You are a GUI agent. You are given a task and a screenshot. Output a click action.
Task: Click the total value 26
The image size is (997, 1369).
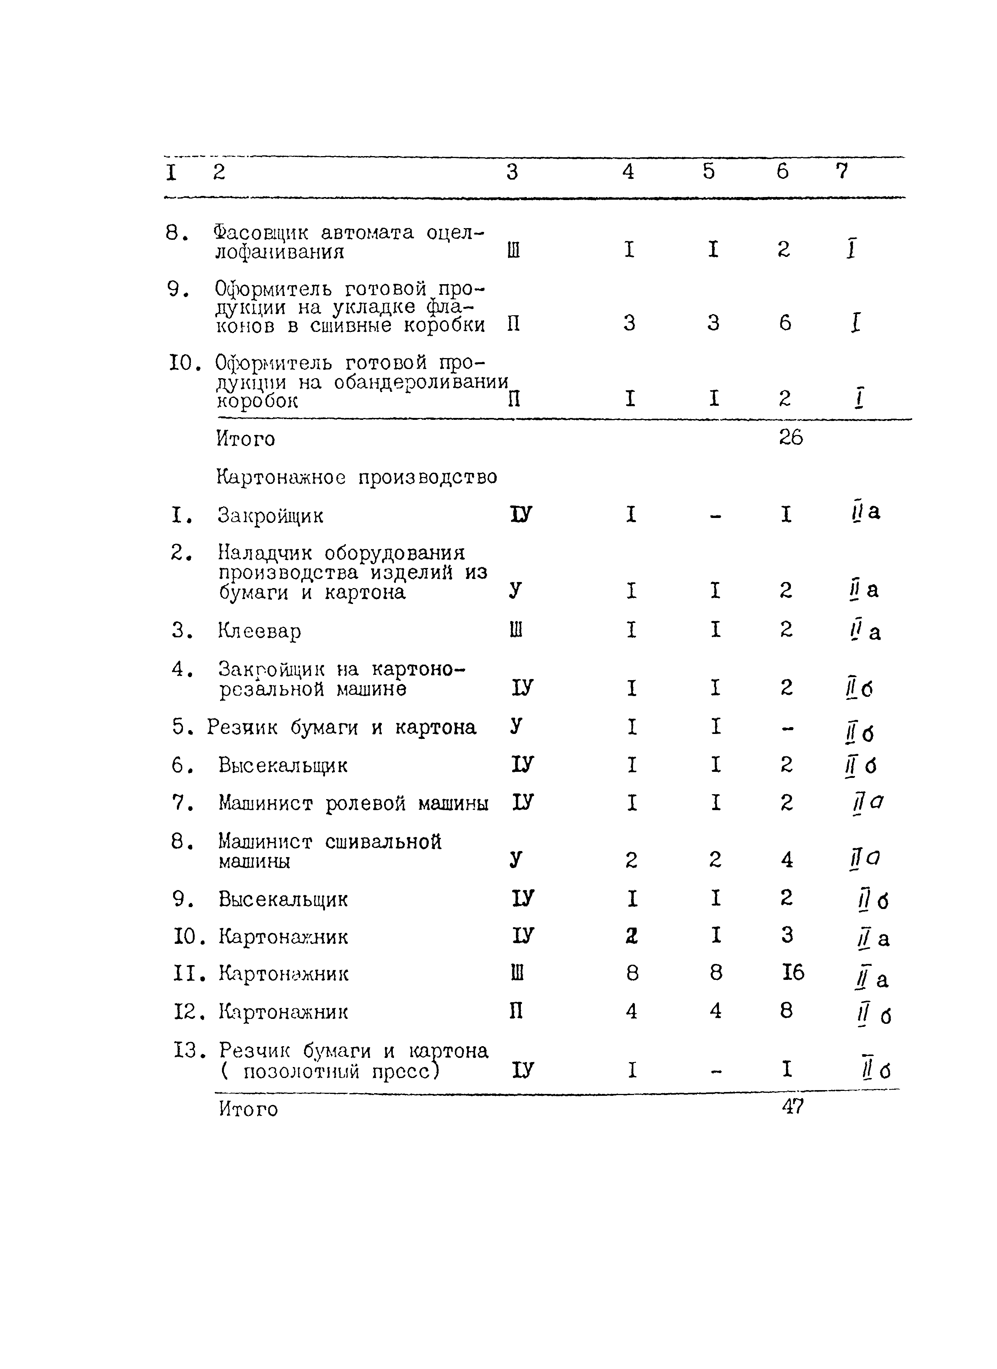click(x=791, y=438)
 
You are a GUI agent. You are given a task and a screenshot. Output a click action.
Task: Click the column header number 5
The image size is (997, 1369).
click(x=709, y=172)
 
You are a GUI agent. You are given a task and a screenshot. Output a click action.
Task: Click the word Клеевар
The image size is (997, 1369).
click(x=259, y=631)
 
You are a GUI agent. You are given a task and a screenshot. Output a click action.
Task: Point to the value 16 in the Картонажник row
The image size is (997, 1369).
click(x=792, y=972)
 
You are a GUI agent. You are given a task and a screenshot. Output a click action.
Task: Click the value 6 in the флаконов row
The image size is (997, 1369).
click(x=784, y=324)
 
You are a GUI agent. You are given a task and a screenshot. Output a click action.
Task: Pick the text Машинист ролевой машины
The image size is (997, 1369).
click(x=353, y=803)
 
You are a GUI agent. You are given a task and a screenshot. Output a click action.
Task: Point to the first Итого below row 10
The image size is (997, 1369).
click(x=245, y=439)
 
